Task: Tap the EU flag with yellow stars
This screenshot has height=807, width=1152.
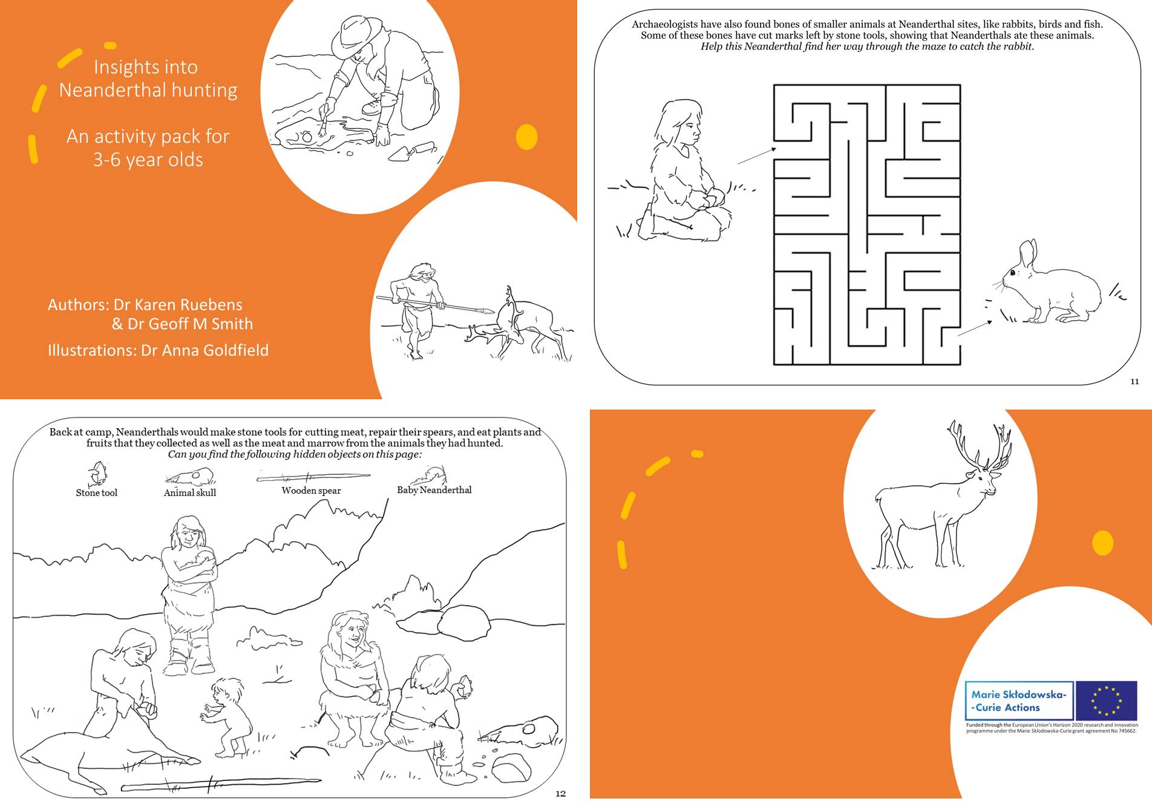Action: (x=1107, y=701)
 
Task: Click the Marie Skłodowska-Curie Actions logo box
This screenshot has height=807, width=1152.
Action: (x=1019, y=701)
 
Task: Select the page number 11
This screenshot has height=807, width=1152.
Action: (x=1134, y=381)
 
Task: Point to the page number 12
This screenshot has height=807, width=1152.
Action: (x=560, y=794)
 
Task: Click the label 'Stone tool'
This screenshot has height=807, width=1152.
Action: (x=97, y=493)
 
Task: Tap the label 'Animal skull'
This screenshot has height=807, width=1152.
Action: (x=190, y=493)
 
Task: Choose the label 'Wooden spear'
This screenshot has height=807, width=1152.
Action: (x=311, y=491)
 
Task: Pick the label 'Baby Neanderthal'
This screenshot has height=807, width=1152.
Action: (x=434, y=490)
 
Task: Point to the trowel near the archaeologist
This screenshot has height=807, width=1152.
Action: (x=412, y=152)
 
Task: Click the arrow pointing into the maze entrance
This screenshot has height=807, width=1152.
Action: (x=756, y=155)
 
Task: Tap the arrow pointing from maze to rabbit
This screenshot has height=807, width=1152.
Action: (x=975, y=328)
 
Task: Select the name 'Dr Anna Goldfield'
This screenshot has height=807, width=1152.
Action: (x=205, y=350)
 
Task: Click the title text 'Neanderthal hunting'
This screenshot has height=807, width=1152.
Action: (x=148, y=90)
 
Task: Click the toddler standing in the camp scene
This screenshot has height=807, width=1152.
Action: (x=226, y=717)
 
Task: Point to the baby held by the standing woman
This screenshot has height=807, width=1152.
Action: (x=200, y=563)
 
